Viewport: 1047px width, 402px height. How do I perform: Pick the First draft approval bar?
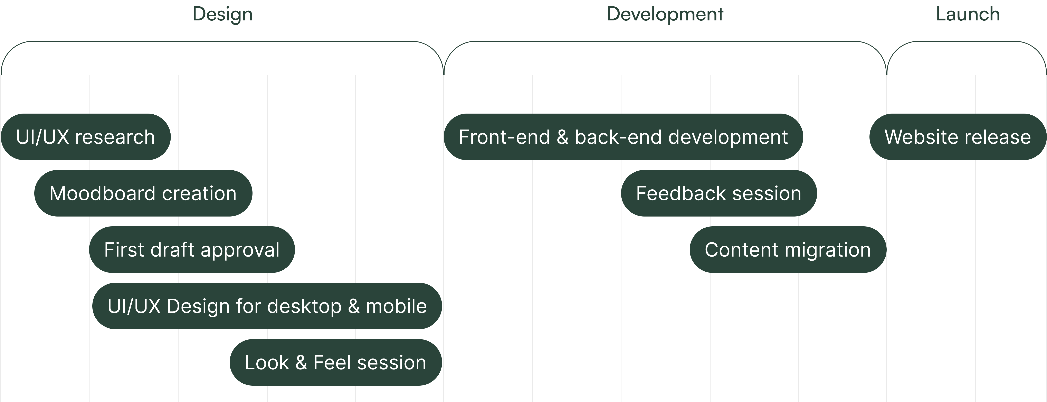(x=192, y=250)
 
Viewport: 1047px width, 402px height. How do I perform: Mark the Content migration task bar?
(x=788, y=250)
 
